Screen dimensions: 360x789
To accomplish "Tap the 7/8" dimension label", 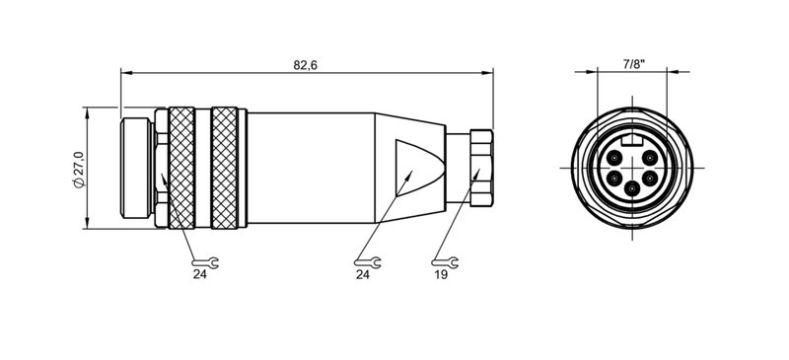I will [x=633, y=63].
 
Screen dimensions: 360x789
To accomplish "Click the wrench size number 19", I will [x=441, y=276].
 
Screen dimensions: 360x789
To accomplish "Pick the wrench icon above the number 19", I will [x=445, y=262].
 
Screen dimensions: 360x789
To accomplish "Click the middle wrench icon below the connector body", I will [x=367, y=262].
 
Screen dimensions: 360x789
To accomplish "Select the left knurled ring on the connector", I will [x=182, y=168].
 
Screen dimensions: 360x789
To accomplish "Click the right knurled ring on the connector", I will [x=227, y=168].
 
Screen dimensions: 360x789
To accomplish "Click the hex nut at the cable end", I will [x=480, y=168].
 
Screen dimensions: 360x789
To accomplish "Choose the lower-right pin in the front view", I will [x=651, y=179].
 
